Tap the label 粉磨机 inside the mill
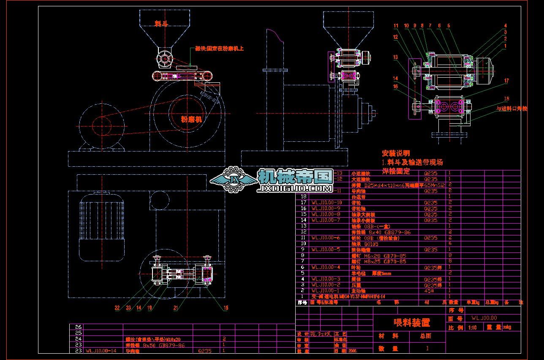[x=191, y=119]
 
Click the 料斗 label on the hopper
[x=161, y=24]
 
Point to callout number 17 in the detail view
[x=506, y=81]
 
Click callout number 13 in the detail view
[x=395, y=57]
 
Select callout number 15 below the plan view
[x=226, y=308]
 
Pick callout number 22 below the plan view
[x=117, y=308]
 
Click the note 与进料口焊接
[x=511, y=109]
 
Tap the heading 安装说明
[x=396, y=153]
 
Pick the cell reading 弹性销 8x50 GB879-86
[x=155, y=345]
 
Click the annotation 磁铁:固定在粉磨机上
[x=219, y=49]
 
